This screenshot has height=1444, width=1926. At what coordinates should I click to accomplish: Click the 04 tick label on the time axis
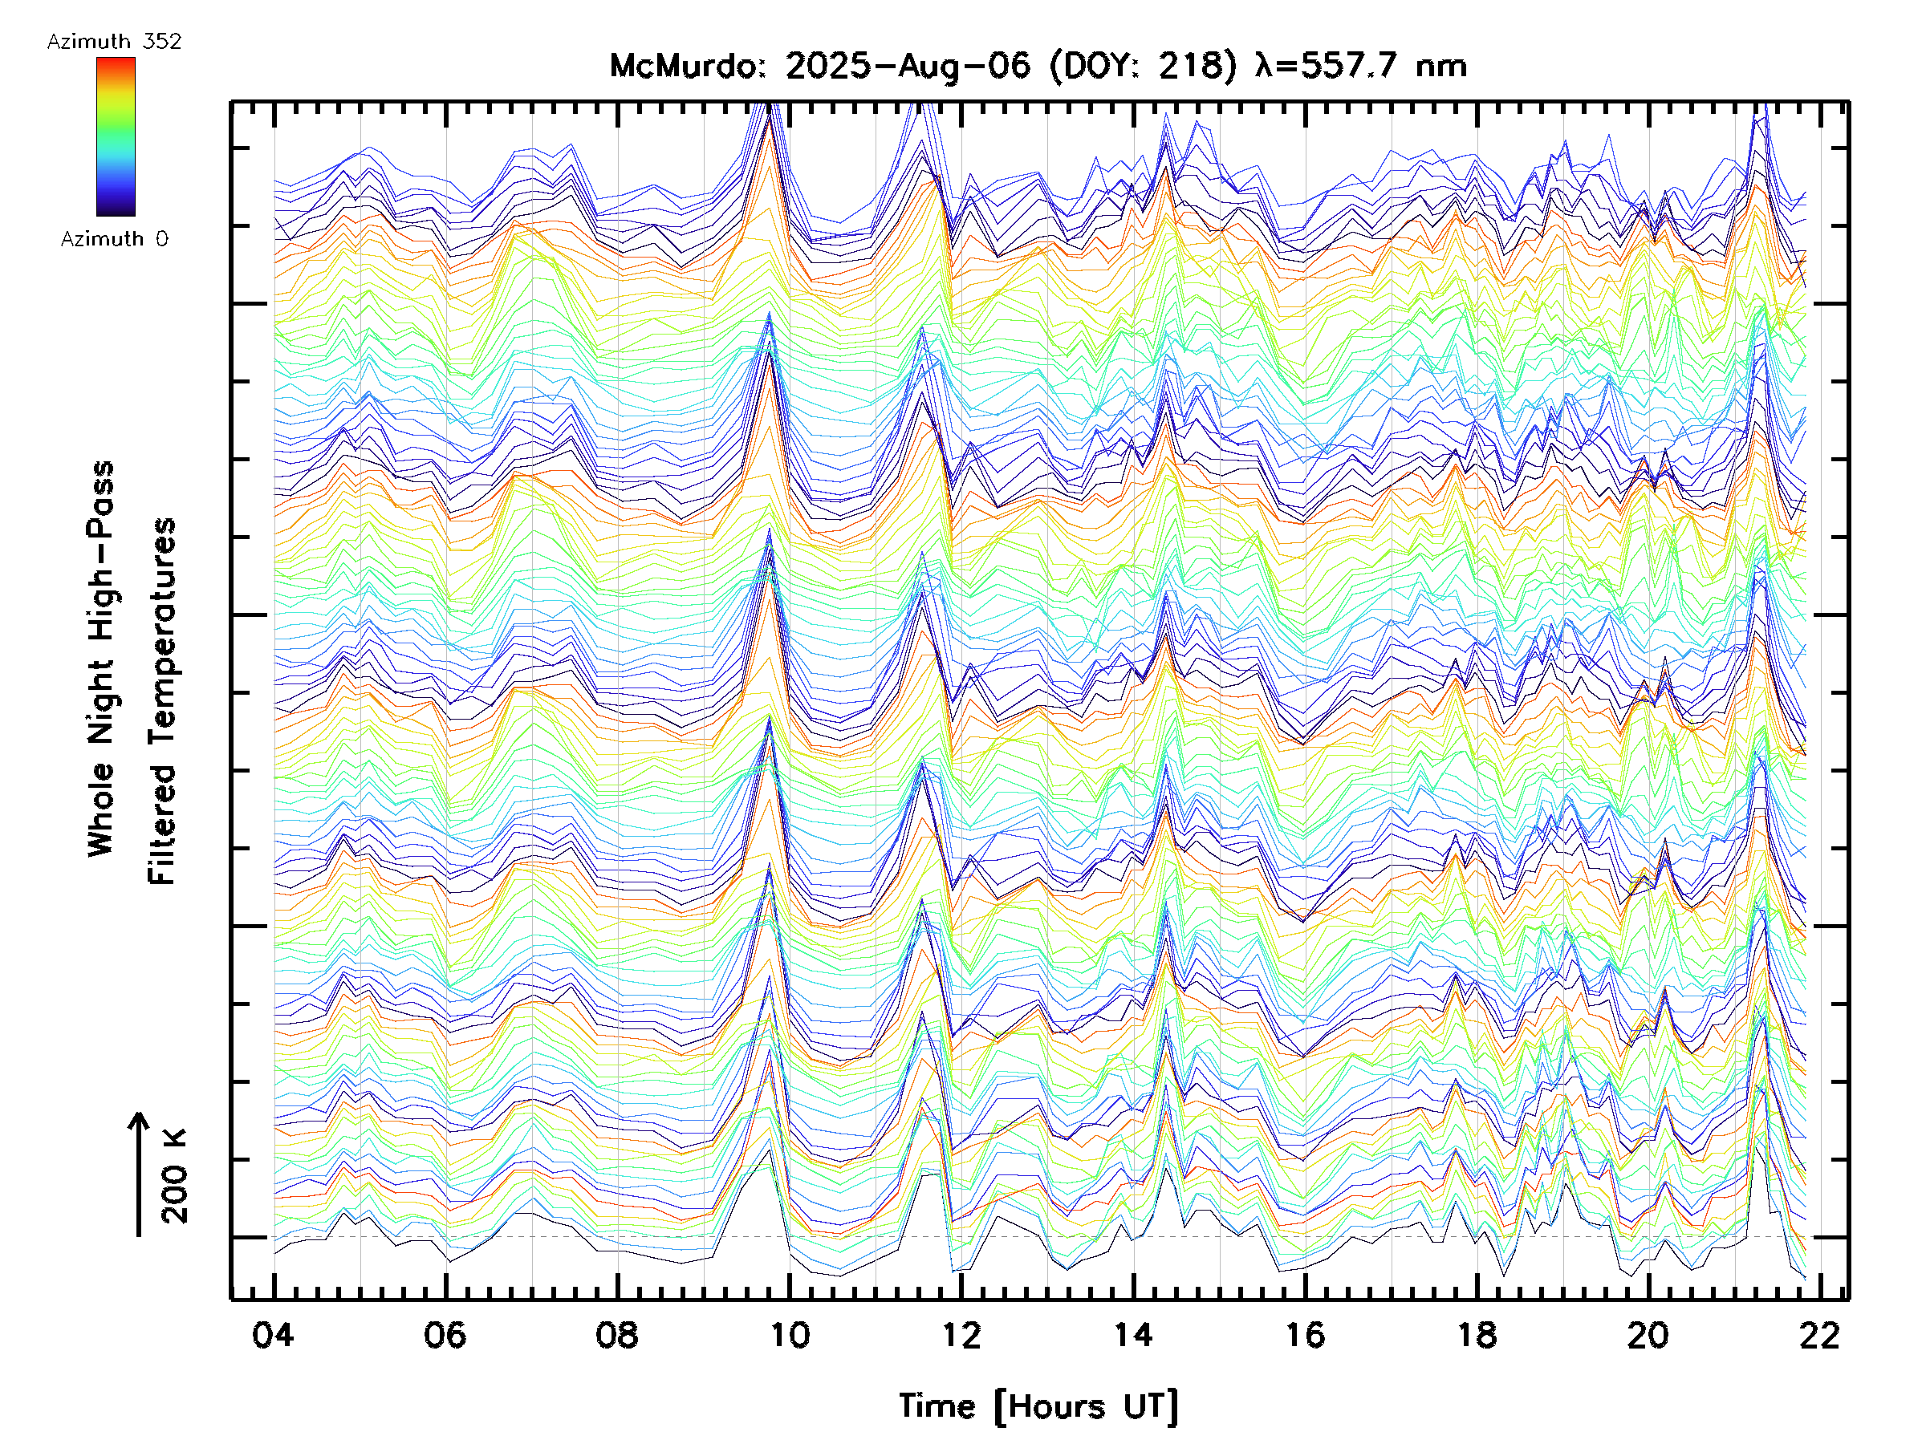click(x=273, y=1334)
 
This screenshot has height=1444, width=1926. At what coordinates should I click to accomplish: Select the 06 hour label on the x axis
click(x=445, y=1334)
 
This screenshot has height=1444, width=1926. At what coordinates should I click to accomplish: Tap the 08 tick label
click(x=616, y=1334)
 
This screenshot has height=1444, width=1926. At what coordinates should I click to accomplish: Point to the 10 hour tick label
click(x=789, y=1334)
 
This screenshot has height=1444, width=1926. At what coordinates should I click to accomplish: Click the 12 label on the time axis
click(x=961, y=1334)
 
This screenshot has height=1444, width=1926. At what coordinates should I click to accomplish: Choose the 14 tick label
click(x=1133, y=1334)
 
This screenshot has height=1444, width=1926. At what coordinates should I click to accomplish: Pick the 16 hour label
click(x=1305, y=1334)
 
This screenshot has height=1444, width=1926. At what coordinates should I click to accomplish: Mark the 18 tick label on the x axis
click(x=1477, y=1334)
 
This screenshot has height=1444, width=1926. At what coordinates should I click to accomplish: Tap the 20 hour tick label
click(x=1648, y=1334)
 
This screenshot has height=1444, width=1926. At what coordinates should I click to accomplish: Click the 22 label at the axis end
click(x=1820, y=1334)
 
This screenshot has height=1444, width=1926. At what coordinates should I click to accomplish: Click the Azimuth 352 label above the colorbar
click(x=114, y=42)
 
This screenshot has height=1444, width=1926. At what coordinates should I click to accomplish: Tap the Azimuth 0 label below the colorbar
click(x=114, y=238)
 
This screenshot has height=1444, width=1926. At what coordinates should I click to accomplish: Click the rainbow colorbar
click(x=116, y=136)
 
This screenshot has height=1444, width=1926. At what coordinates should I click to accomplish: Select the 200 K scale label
click(x=174, y=1175)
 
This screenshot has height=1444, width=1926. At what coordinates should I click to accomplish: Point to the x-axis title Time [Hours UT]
click(x=1038, y=1405)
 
